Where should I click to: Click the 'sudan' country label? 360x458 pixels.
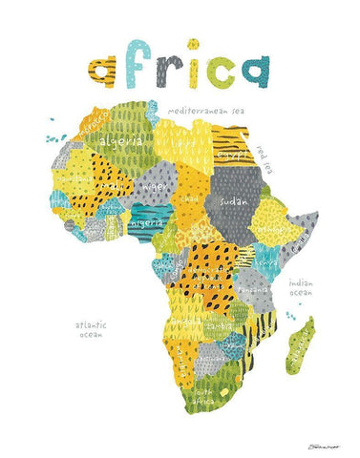point(233,203)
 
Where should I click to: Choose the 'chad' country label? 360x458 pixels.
point(191,198)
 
